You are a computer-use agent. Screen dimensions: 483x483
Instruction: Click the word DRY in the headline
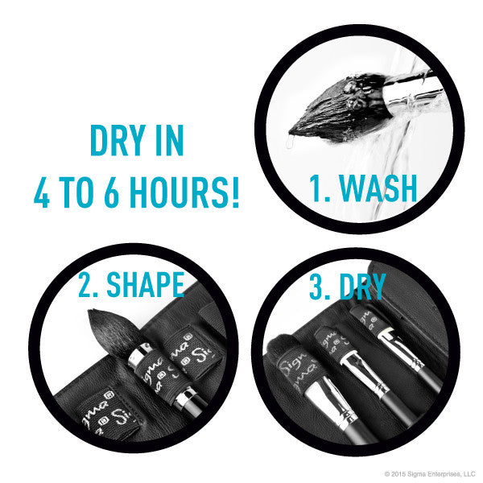(118, 140)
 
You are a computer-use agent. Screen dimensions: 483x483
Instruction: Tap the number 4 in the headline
(42, 192)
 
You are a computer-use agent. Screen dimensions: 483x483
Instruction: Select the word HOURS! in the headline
(184, 192)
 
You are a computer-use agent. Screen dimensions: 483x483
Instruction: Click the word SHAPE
(145, 284)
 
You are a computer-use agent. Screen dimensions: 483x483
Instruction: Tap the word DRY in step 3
(362, 287)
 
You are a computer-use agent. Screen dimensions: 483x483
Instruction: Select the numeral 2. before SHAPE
(88, 284)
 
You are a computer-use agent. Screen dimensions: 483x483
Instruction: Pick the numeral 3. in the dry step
(320, 287)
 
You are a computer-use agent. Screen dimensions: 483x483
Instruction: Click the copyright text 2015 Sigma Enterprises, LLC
(430, 474)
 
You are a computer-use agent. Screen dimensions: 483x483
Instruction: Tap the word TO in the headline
(76, 192)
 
